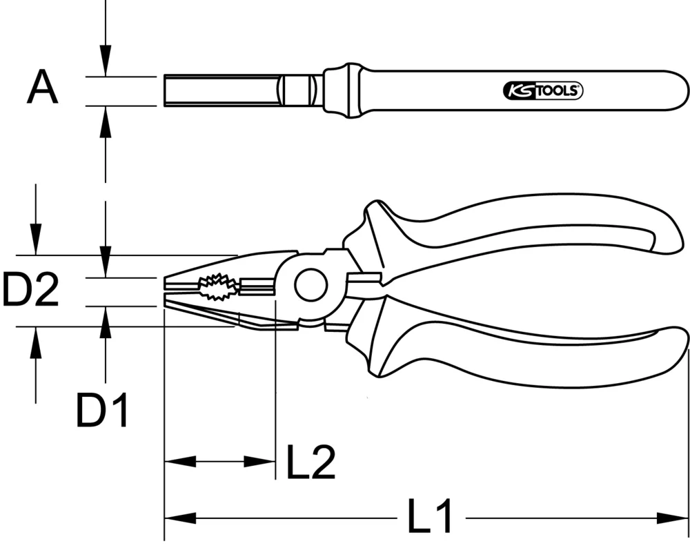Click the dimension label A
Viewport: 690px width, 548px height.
(x=43, y=90)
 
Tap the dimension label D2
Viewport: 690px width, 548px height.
(x=30, y=290)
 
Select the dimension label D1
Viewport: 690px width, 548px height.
(x=103, y=411)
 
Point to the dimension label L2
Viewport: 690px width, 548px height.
(x=310, y=462)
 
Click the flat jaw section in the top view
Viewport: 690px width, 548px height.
(x=221, y=90)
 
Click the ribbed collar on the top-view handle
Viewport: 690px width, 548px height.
(x=342, y=90)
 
